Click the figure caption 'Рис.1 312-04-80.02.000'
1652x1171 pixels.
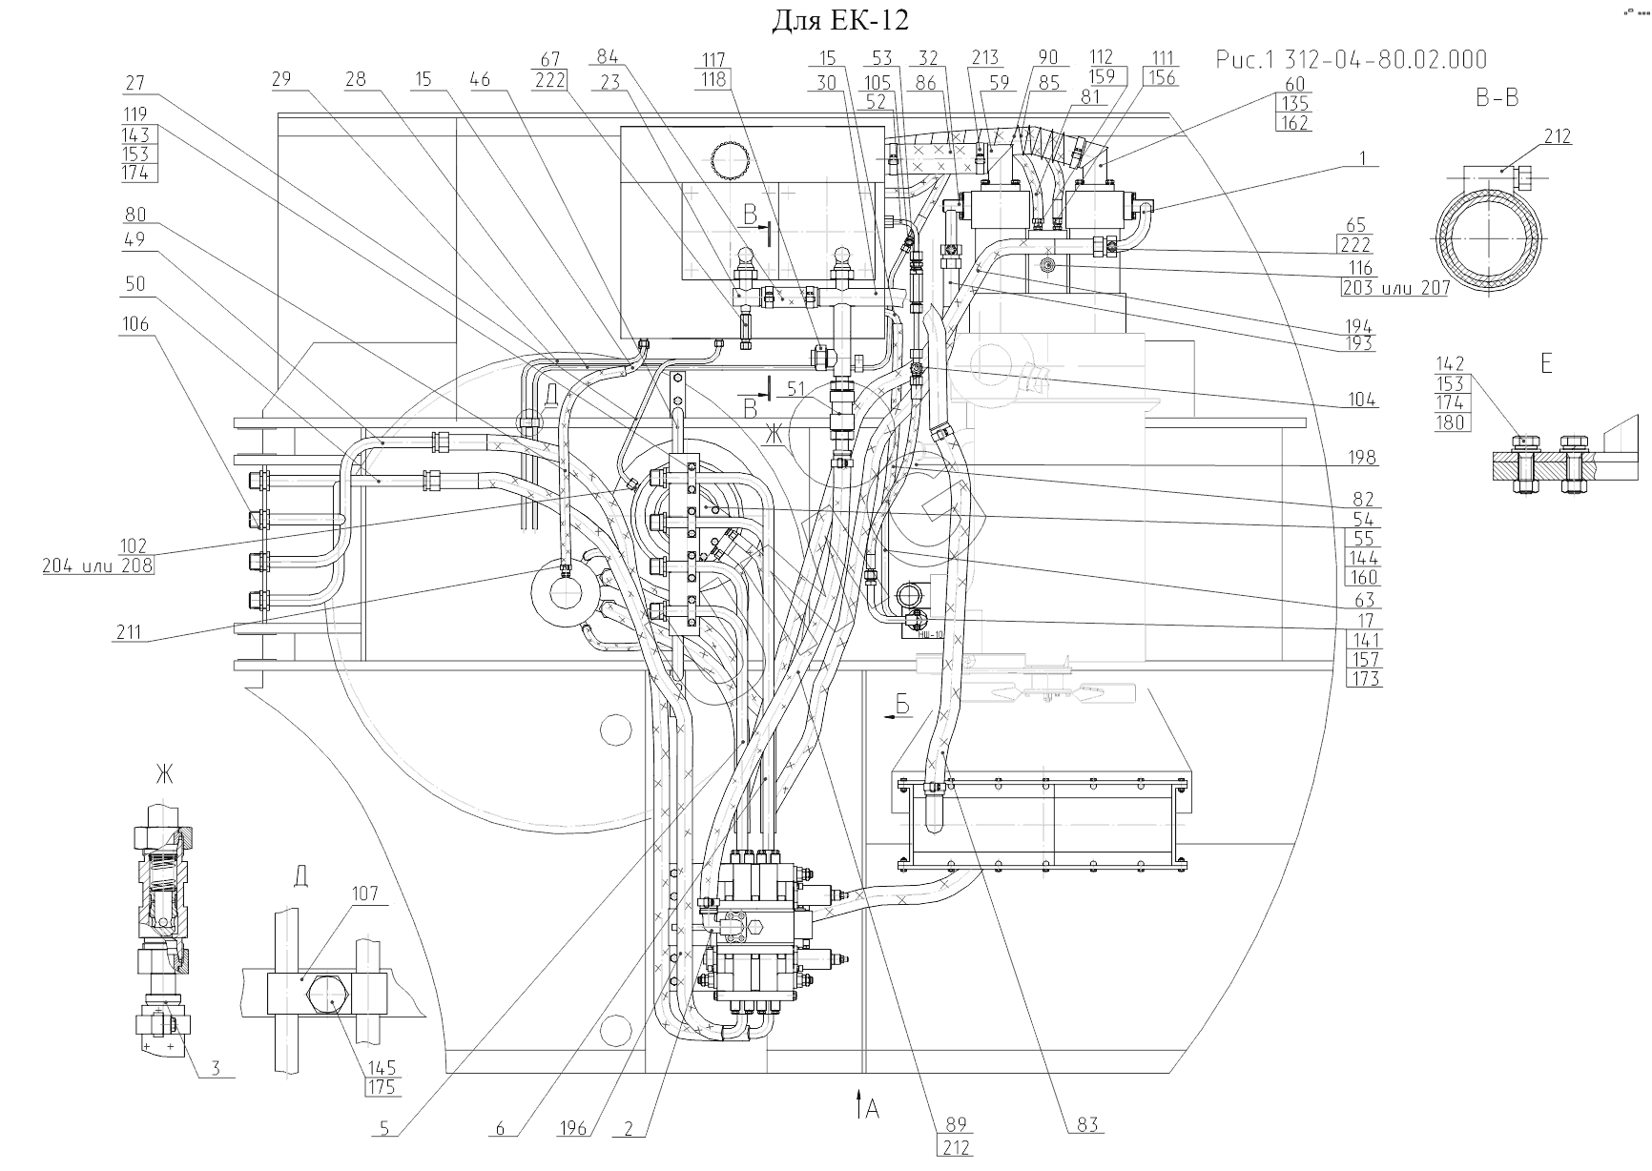tap(1351, 60)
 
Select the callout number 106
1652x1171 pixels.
tap(135, 324)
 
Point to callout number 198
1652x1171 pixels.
tap(1363, 458)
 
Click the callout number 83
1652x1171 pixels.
tap(1088, 1125)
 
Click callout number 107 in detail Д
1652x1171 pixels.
tap(364, 894)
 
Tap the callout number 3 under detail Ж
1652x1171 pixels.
tap(216, 1068)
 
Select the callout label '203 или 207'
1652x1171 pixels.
tap(1394, 288)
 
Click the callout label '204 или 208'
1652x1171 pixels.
tap(97, 565)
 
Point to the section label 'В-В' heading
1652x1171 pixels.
tap(1497, 97)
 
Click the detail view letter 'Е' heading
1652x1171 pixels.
tap(1546, 362)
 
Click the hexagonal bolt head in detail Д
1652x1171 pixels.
tap(327, 1000)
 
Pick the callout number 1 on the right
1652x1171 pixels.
tap(1364, 158)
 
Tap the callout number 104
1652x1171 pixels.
tap(1363, 400)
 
